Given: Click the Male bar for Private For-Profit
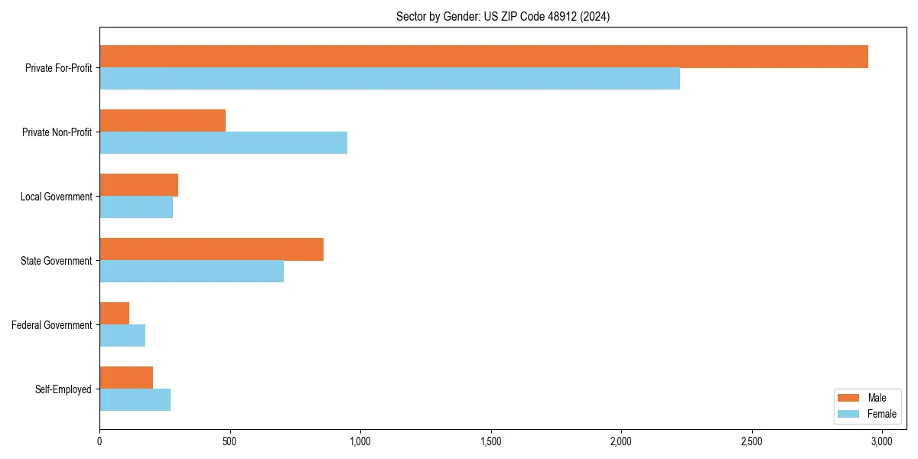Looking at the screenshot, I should click(483, 57).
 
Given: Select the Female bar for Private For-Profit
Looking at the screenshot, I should click(389, 79).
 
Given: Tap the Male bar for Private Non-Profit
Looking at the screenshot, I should click(162, 121).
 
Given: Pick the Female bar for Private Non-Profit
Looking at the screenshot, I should click(223, 143).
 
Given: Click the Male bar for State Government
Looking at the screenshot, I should click(211, 249).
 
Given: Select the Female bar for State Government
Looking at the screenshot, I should click(191, 272).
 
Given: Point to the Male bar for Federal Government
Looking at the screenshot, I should click(114, 314).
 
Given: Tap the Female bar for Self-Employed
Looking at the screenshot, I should click(135, 400).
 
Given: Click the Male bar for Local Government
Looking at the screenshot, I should click(138, 185).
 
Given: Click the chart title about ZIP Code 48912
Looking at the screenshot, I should click(503, 16).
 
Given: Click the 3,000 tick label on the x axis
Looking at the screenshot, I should click(882, 441).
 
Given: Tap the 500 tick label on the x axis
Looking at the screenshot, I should click(229, 441).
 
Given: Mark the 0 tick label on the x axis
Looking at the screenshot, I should click(99, 441).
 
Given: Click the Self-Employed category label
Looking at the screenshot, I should click(63, 389).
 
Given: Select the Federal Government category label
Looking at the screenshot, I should click(51, 325).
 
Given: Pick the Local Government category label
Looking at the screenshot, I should click(56, 197).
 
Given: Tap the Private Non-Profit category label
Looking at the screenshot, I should click(57, 132).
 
